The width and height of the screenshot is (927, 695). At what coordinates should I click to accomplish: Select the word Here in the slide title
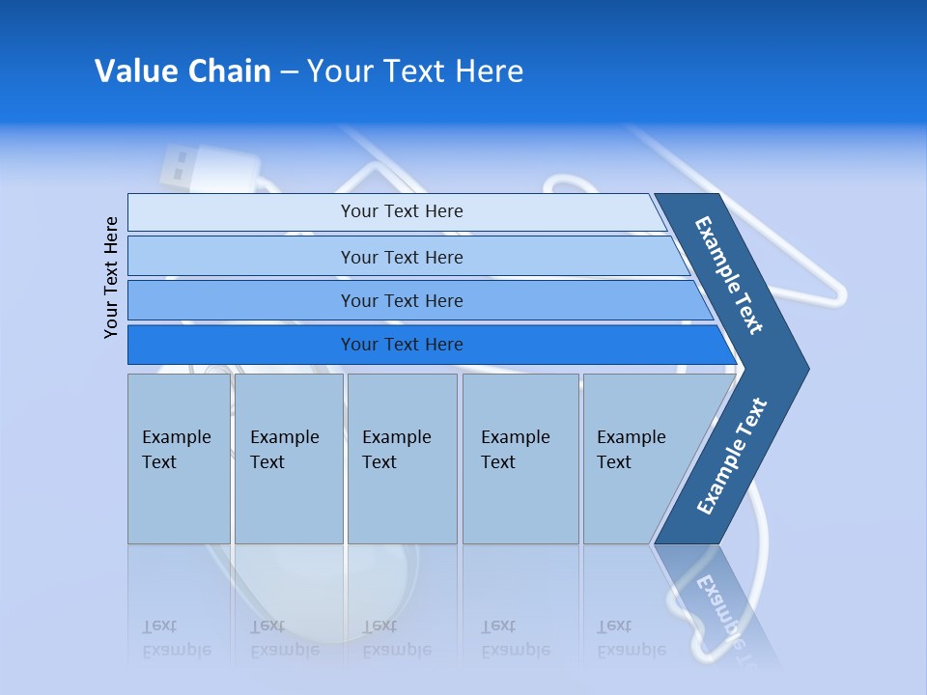[489, 70]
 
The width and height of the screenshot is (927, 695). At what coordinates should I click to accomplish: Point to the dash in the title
[289, 72]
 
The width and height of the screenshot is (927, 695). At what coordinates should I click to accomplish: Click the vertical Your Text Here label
[111, 277]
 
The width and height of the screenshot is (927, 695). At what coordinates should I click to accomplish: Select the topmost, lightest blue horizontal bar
[401, 211]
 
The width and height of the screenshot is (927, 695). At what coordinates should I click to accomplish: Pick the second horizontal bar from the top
[401, 257]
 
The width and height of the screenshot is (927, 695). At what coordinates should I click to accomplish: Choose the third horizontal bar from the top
[401, 300]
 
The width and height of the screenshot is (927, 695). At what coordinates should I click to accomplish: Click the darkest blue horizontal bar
[401, 345]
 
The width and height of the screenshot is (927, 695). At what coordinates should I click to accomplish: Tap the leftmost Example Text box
[179, 459]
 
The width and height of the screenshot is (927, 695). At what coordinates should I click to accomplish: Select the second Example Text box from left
[289, 459]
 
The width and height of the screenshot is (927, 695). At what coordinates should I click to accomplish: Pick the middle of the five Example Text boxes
[402, 459]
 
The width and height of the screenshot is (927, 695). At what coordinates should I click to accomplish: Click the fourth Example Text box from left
[520, 459]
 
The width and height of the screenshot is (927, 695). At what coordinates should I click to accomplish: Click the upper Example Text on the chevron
[729, 275]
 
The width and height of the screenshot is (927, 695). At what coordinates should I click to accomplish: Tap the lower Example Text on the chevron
[732, 456]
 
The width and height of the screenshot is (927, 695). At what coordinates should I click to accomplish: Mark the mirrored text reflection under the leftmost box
[177, 638]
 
